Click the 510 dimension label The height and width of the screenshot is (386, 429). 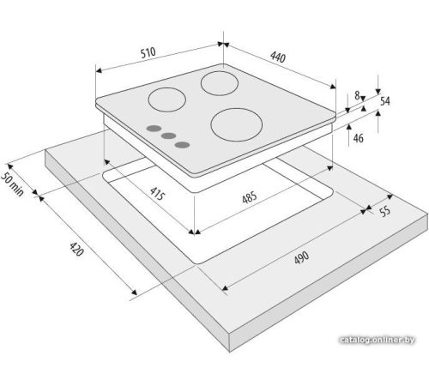point(148,52)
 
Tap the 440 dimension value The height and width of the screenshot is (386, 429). point(278,57)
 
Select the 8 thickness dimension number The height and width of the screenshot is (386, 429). point(357,95)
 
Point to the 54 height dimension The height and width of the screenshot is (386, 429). point(385,101)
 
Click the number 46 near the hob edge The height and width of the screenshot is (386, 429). point(358,138)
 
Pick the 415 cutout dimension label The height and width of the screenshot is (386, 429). point(157,194)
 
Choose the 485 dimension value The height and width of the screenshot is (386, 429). point(250,197)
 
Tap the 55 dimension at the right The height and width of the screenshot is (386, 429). point(385,211)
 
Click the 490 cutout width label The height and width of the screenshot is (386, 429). point(301,257)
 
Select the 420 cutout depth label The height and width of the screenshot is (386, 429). point(76,249)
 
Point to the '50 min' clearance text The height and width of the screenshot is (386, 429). point(12,184)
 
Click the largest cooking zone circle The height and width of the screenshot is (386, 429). point(237,109)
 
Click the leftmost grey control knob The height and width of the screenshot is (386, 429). point(154,129)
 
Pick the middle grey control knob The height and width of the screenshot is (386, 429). point(168,136)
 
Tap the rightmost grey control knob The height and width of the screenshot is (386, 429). point(183,145)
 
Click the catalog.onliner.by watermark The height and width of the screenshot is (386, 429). point(378,340)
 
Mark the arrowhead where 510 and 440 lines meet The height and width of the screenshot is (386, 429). point(223,44)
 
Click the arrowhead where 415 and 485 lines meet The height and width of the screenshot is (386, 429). point(195,232)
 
